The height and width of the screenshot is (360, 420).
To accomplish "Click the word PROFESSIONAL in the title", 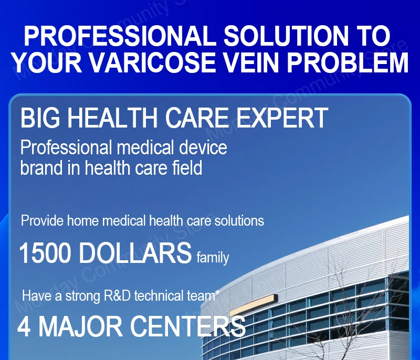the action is pos(120,36).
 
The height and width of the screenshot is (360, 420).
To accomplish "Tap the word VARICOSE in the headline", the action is pos(152,62).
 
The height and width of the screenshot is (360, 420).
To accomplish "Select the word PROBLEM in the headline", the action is pos(348,62).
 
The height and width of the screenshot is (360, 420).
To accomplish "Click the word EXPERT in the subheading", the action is pos(281,118).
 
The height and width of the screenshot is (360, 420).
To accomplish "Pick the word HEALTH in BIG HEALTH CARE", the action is pos(112,118).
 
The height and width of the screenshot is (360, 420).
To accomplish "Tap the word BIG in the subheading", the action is pos(40,118).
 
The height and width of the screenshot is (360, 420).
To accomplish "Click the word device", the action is pos(203,147).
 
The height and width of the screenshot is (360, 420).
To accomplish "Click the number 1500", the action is pos(45,252).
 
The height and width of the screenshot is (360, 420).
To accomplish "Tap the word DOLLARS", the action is pos(135,252).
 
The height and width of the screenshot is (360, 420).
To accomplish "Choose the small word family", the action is pos(213,258).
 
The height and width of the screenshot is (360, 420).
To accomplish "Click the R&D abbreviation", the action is pos(117,296).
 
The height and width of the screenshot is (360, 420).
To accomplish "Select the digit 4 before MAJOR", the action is pos(24,327).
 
